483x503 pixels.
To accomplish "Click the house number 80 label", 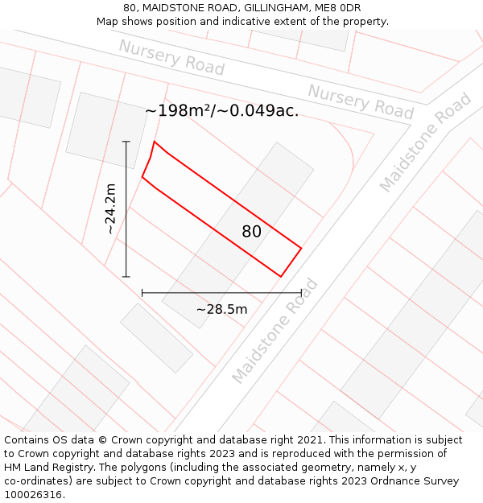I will (252, 232).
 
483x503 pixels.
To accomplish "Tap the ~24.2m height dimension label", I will (110, 209).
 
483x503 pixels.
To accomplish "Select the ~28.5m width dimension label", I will (221, 309).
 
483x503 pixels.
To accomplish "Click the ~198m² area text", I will (179, 111).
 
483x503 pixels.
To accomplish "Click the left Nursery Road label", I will (171, 57).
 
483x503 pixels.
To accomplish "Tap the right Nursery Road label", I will (361, 101).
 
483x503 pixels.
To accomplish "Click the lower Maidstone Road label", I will (275, 331).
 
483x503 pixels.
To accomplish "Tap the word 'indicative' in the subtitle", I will (242, 22).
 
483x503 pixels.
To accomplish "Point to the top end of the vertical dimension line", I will (126, 142).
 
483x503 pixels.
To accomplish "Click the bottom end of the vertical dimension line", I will (126, 277).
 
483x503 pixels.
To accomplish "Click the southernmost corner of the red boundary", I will (281, 277).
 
